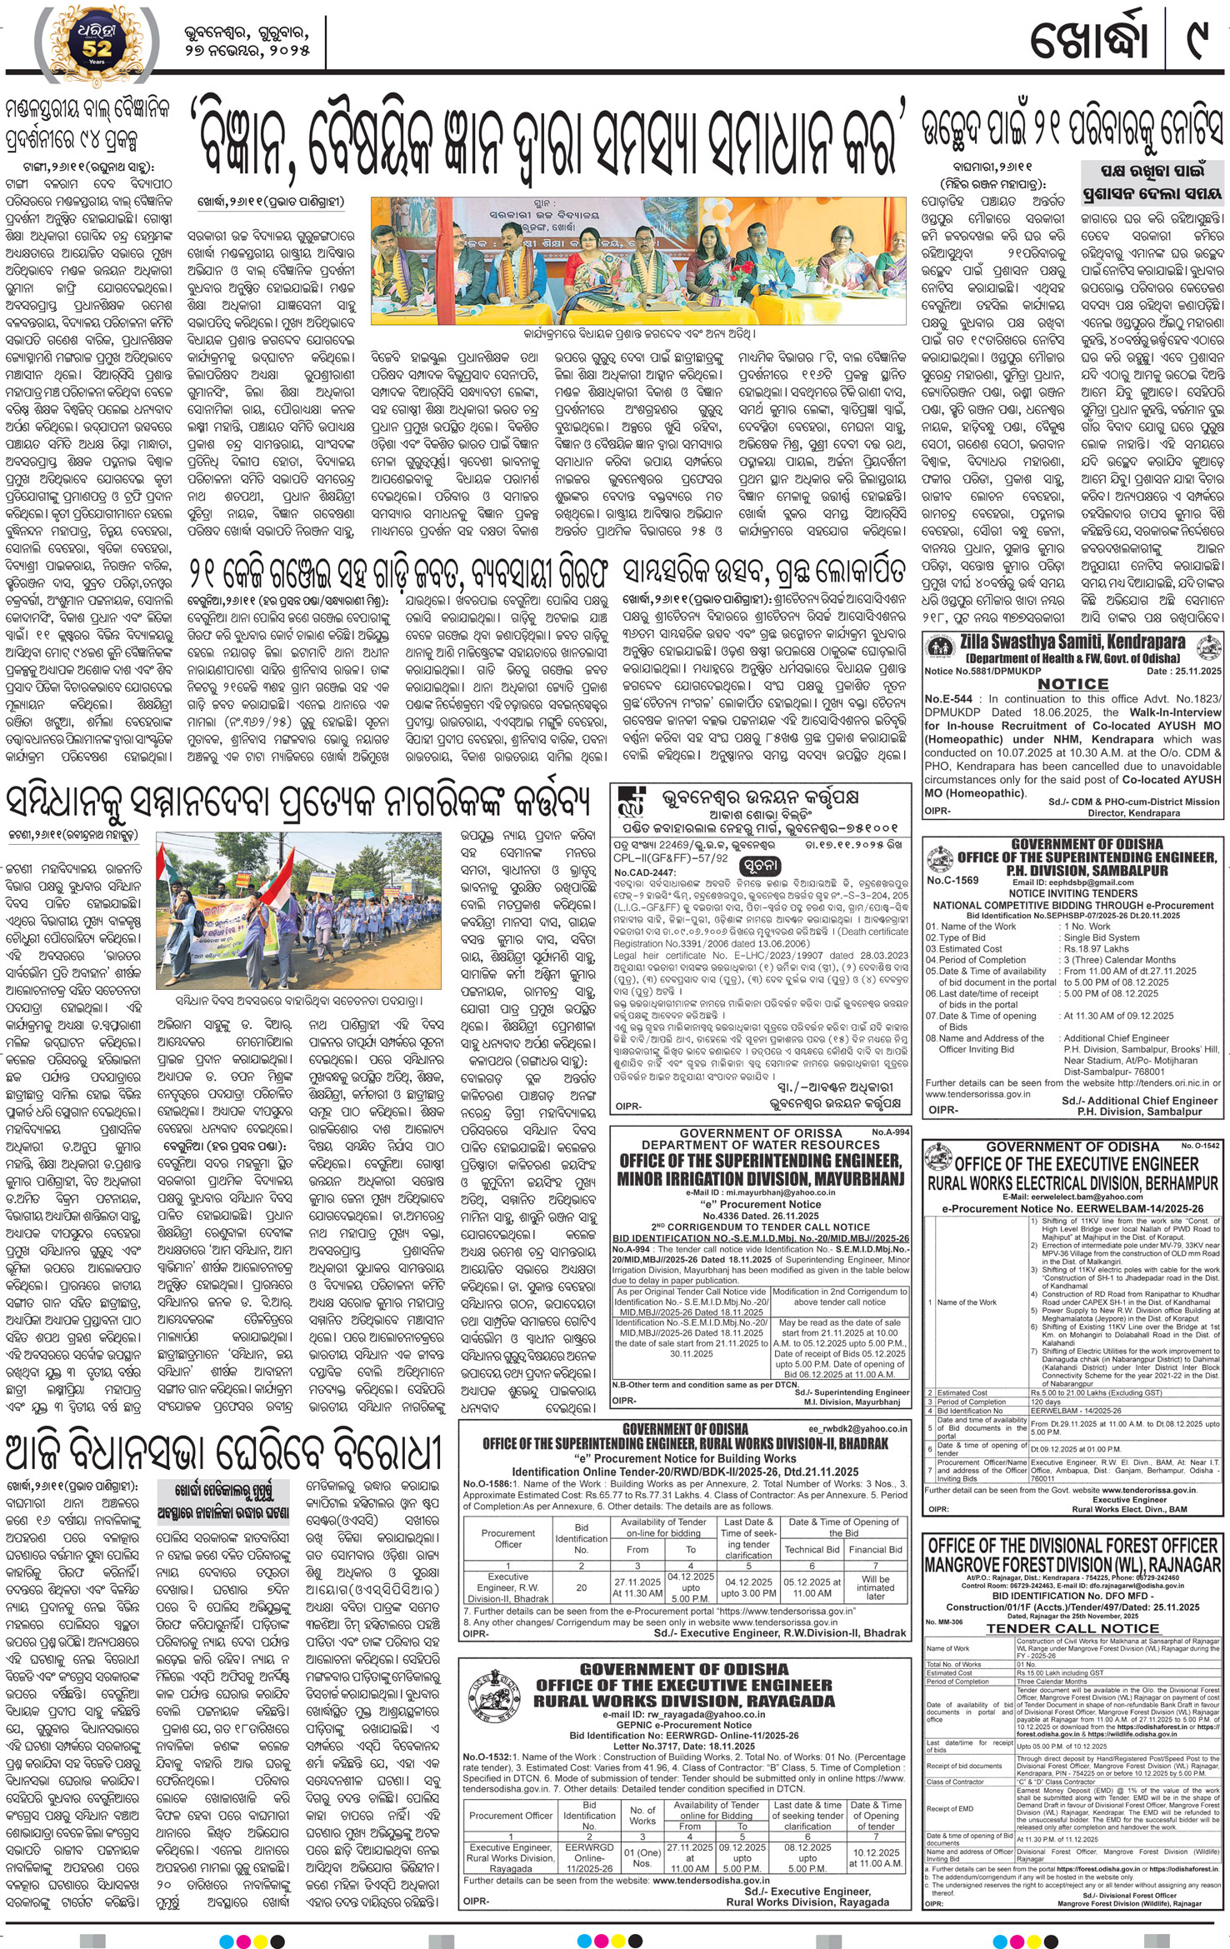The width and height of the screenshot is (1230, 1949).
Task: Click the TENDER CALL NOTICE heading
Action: click(1072, 1627)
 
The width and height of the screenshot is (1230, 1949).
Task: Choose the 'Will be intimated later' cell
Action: click(875, 1587)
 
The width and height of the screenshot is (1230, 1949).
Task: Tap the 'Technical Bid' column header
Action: click(812, 1549)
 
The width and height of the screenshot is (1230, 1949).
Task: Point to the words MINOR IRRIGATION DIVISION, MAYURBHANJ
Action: click(758, 1177)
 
